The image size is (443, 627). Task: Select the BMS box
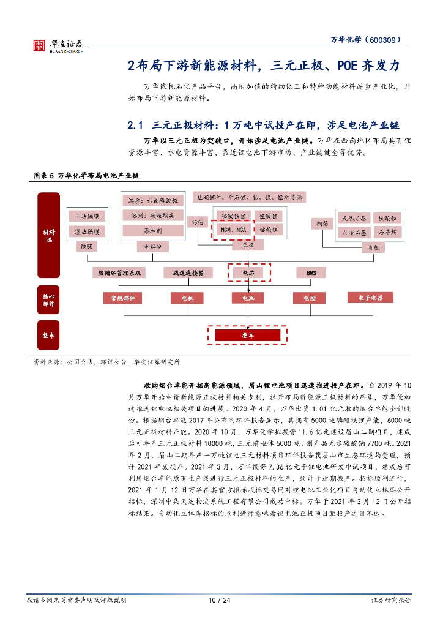pos(311,272)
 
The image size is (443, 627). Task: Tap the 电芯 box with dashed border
pos(248,272)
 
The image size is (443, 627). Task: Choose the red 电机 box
pos(187,298)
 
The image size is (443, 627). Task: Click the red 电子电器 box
pos(370,298)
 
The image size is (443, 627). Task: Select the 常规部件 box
pos(122,298)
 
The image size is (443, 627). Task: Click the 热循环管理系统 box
pos(119,272)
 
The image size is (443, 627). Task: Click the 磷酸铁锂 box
pos(233,216)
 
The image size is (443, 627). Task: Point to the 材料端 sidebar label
pos(49,235)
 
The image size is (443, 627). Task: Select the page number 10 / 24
pos(220,600)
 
